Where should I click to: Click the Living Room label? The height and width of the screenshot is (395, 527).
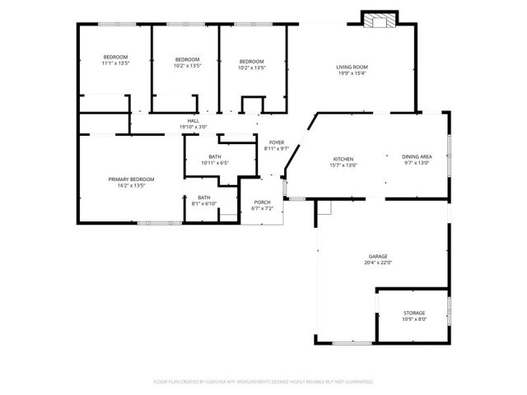[x=352, y=67]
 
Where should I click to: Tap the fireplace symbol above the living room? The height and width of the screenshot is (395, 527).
[x=379, y=22]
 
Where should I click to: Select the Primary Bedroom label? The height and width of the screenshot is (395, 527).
[x=131, y=179]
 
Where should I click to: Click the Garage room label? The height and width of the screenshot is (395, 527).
[x=378, y=256]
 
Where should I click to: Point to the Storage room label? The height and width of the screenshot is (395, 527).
[x=414, y=314]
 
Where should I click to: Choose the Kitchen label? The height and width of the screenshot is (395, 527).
[x=343, y=158]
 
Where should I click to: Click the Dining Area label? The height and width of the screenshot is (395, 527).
[x=417, y=156]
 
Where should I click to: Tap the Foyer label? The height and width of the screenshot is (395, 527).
[x=277, y=142]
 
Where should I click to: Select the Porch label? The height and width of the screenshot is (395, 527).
[x=262, y=202]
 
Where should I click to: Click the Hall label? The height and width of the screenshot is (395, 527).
[x=193, y=121]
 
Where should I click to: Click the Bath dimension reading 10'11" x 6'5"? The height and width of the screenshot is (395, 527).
[x=214, y=163]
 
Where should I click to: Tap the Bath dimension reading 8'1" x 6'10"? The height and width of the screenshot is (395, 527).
[x=203, y=203]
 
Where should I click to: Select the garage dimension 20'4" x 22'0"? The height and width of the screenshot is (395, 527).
[x=378, y=263]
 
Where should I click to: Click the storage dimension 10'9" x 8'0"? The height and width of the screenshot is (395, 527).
[x=414, y=320]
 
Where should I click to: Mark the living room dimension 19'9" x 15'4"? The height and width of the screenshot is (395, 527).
[x=352, y=73]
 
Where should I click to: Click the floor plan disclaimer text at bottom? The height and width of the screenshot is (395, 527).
[x=263, y=382]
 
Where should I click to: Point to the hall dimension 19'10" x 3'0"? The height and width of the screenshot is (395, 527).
[x=193, y=128]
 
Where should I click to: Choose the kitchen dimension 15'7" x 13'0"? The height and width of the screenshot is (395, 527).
[x=343, y=165]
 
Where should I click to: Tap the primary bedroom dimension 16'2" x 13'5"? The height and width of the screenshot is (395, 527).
[x=131, y=185]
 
